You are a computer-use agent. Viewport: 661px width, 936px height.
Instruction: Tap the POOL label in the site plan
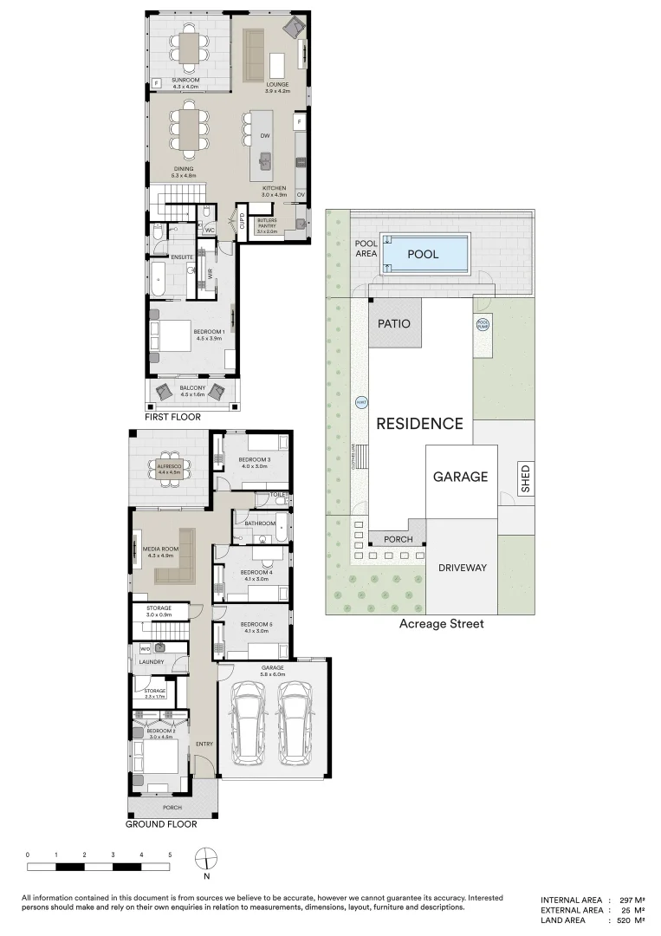[423, 255]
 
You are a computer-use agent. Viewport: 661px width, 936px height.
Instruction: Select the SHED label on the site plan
[525, 479]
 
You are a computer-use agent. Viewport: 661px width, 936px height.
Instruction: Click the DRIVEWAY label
[462, 569]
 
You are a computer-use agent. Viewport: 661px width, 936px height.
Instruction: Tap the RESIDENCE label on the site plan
[419, 424]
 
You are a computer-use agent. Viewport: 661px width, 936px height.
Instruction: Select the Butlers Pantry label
[267, 224]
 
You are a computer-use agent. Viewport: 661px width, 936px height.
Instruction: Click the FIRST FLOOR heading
[173, 417]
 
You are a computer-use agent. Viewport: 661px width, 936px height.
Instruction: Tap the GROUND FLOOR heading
[161, 824]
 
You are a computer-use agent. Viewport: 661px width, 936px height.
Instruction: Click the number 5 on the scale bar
[170, 855]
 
